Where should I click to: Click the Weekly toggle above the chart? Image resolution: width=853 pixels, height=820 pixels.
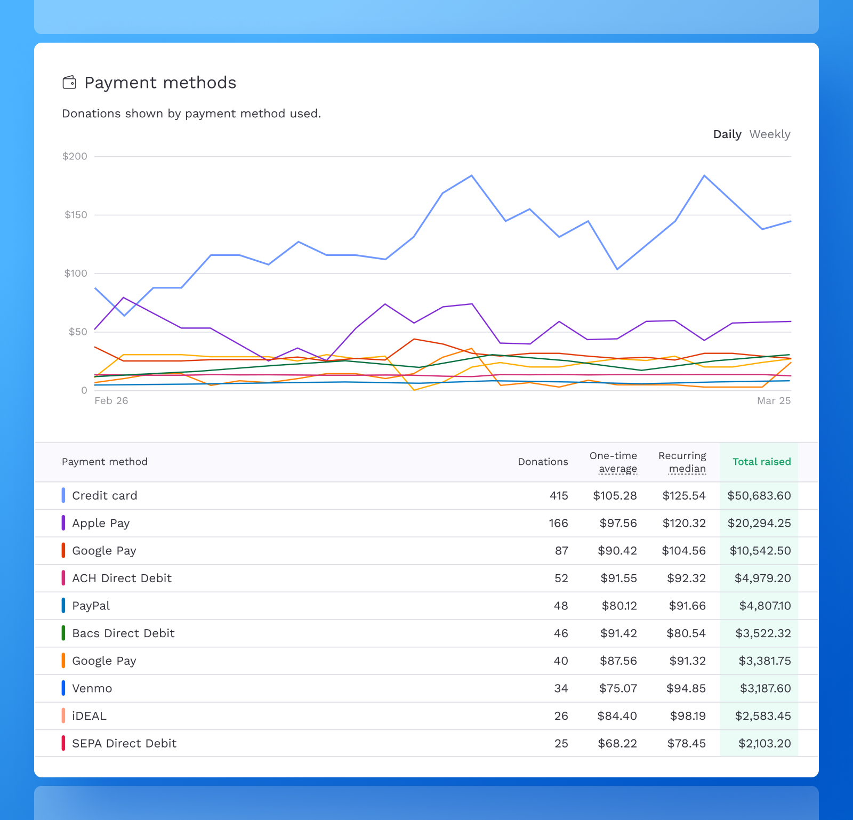click(x=769, y=134)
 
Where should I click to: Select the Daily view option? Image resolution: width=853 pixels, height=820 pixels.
click(x=727, y=134)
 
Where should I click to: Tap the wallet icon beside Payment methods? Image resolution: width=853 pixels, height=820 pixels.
click(x=69, y=83)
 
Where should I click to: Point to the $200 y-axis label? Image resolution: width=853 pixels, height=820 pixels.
click(x=75, y=156)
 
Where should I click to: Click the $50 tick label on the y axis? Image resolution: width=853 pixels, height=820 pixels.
click(x=77, y=332)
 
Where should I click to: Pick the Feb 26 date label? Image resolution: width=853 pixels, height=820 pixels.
click(x=111, y=400)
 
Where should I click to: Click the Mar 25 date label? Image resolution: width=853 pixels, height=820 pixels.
click(x=774, y=400)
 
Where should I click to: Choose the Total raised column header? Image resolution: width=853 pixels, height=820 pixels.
click(x=761, y=462)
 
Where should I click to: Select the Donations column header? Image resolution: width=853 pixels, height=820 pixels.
click(x=543, y=462)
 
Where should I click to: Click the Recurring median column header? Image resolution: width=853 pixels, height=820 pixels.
click(x=682, y=462)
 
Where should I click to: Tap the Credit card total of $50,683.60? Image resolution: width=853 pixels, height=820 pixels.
click(x=759, y=496)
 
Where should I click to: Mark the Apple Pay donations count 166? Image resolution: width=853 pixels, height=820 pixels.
click(x=558, y=523)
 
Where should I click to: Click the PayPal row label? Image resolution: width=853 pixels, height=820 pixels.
click(x=91, y=606)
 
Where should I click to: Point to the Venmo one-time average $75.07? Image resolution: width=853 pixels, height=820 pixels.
click(x=618, y=688)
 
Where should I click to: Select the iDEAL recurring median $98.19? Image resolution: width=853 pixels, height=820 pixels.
click(x=688, y=716)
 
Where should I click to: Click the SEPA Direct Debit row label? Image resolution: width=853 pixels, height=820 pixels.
click(x=124, y=743)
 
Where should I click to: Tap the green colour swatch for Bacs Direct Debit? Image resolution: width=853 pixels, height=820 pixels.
click(x=63, y=633)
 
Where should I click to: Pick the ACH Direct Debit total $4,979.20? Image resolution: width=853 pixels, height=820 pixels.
click(x=762, y=578)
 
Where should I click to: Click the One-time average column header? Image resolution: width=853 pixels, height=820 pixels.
click(x=613, y=462)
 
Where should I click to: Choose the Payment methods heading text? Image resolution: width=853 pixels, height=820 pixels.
click(x=160, y=83)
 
